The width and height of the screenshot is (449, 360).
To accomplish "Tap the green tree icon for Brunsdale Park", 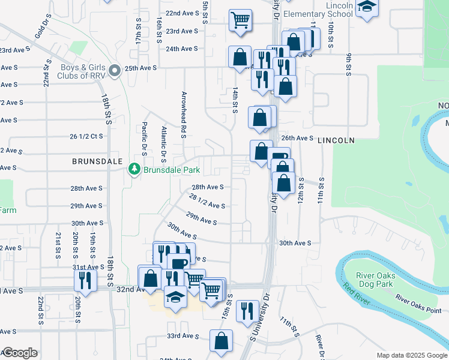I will click(x=135, y=170).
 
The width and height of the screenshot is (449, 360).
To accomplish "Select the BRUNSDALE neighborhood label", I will click(x=97, y=162).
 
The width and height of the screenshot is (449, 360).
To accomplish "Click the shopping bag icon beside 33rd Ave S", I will click(x=221, y=340).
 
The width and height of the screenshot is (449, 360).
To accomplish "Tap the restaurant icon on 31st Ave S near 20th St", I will click(x=85, y=280).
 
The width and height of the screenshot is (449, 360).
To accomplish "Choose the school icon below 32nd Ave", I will click(x=175, y=298).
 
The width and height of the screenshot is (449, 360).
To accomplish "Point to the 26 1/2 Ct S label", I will click(x=86, y=136).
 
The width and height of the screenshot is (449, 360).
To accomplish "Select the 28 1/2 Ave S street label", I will click(x=207, y=201).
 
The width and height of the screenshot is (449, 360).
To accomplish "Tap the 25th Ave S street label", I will click(x=141, y=68).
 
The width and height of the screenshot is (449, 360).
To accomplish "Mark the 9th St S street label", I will click(x=349, y=65).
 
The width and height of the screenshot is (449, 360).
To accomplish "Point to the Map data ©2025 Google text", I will click(x=411, y=355).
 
